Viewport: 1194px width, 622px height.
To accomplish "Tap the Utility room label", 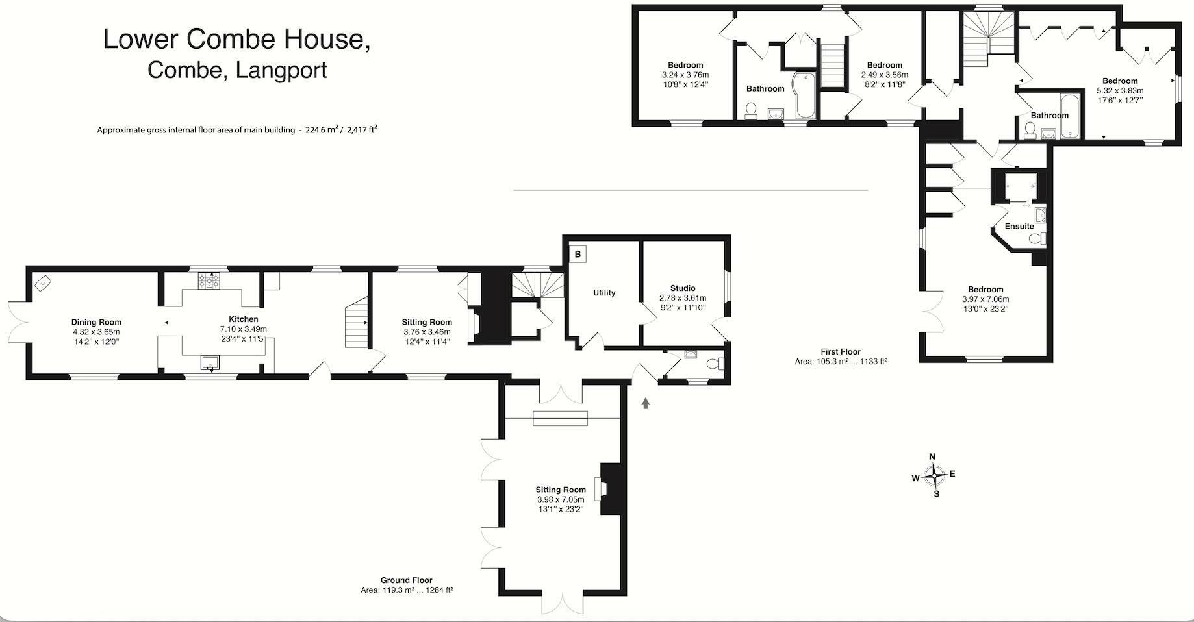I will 603,293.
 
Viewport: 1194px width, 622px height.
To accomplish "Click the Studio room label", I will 683,288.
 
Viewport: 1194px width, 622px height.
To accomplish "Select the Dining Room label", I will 96,322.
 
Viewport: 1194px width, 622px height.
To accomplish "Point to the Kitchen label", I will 244,319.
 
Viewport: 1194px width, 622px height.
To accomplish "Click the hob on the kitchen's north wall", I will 209,281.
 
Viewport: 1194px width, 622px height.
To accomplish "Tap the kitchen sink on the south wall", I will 210,362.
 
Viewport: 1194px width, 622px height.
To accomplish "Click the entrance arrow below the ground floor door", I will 645,403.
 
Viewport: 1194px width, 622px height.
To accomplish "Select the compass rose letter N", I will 932,456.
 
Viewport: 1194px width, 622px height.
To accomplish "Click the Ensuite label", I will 1019,227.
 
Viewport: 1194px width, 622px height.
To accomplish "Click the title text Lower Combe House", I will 237,39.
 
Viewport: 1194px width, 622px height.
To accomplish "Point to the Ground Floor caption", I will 406,580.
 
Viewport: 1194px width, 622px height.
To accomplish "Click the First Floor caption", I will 840,351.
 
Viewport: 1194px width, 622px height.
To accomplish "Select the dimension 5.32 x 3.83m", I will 1120,91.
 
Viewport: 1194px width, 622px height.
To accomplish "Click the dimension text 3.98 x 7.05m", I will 561,499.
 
